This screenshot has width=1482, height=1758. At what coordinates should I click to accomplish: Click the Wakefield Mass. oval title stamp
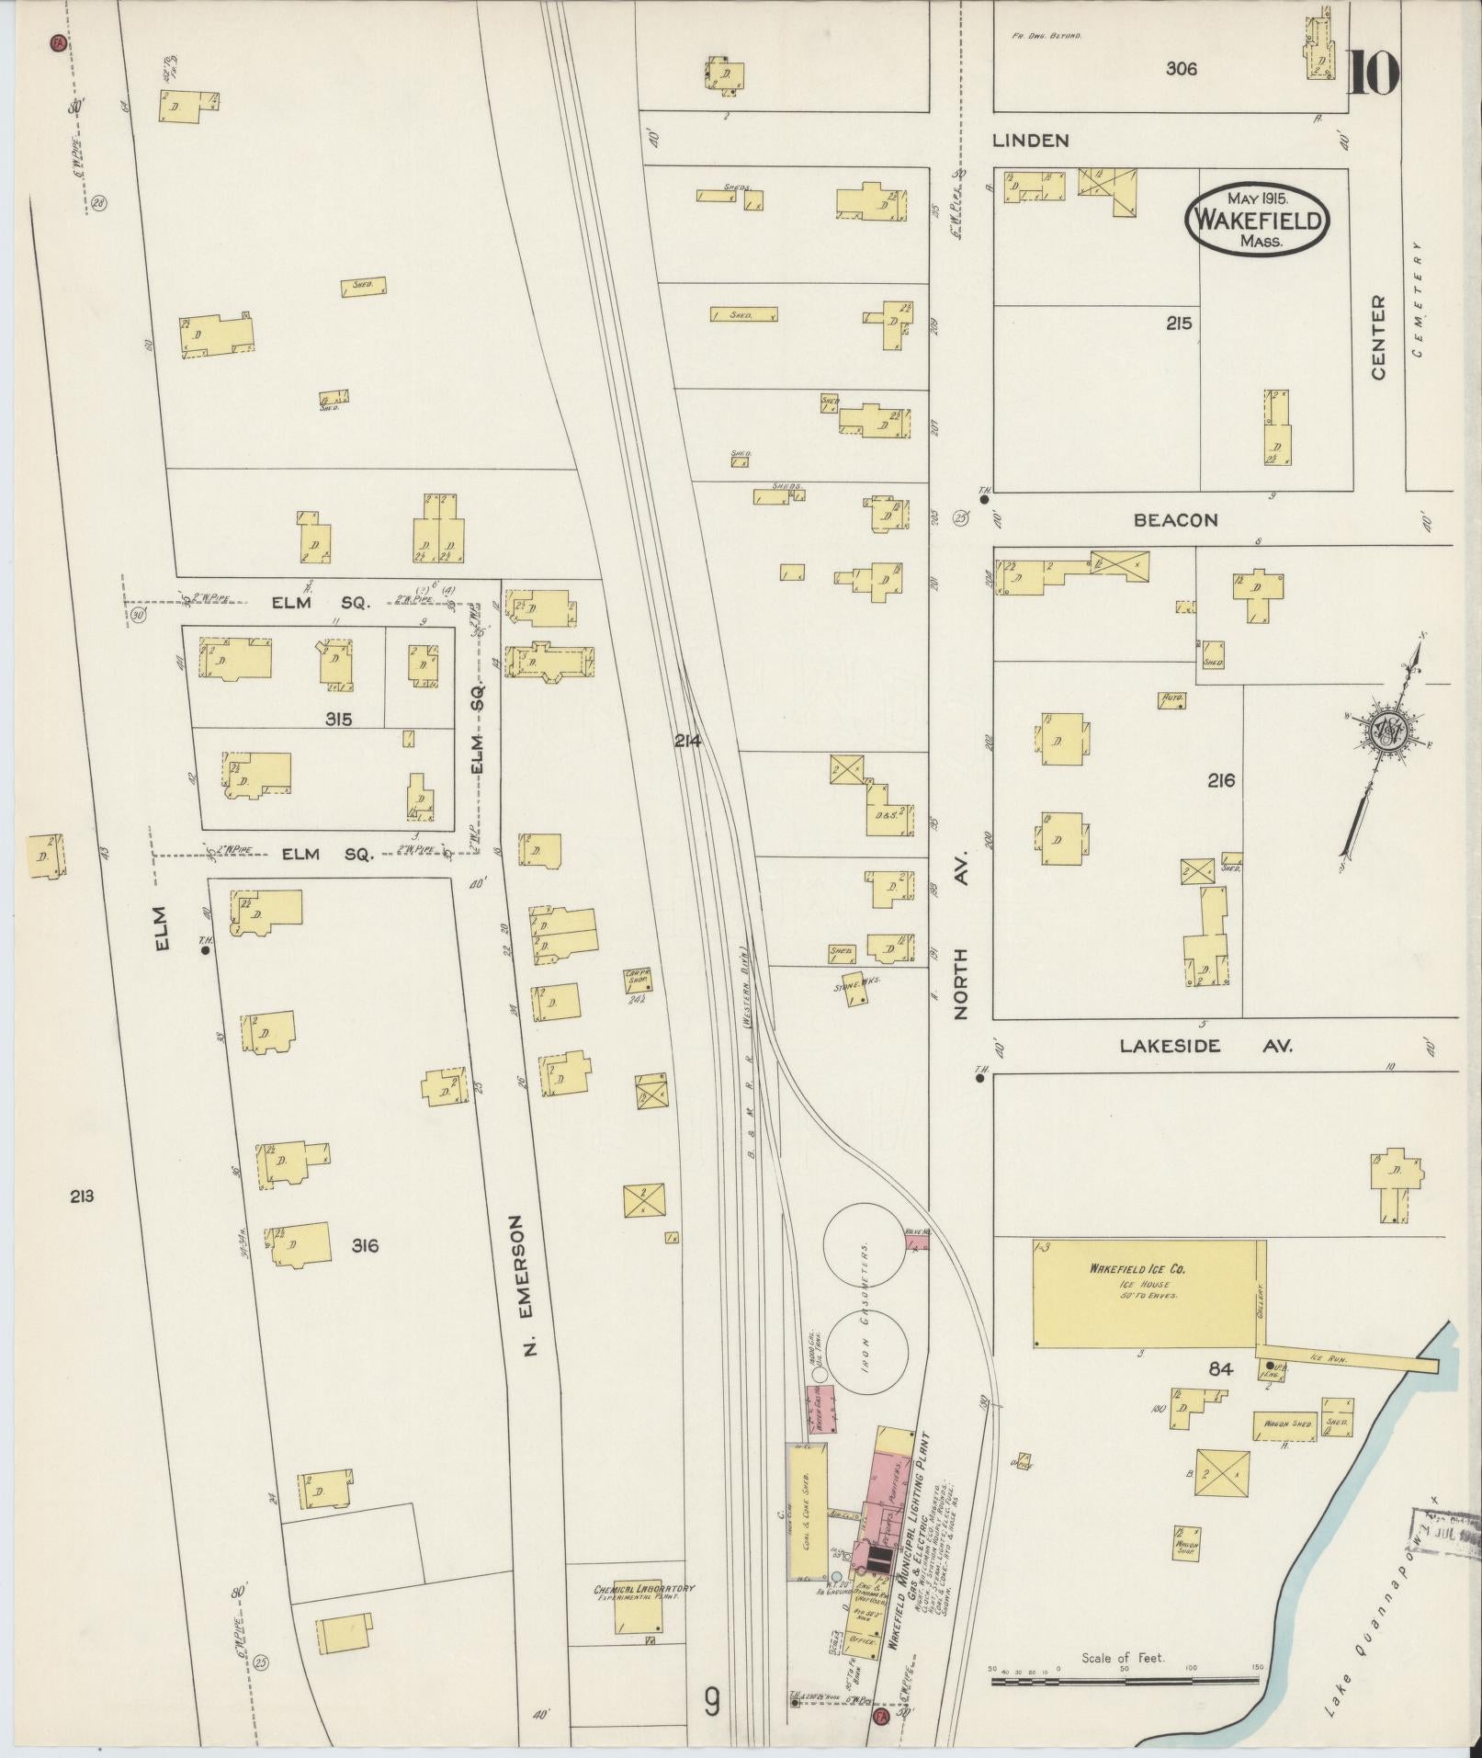click(1258, 221)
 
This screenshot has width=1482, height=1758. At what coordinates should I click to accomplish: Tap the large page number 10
click(1374, 74)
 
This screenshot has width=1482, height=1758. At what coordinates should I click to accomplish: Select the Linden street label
click(1030, 141)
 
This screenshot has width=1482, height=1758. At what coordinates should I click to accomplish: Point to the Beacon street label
click(1175, 520)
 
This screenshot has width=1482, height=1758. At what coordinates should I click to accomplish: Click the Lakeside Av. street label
click(1205, 1046)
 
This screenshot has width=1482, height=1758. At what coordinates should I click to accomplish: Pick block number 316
click(365, 1246)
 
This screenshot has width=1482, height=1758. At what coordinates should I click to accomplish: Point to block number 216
click(1221, 780)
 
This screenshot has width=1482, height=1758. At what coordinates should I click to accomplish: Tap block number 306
click(1181, 68)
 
